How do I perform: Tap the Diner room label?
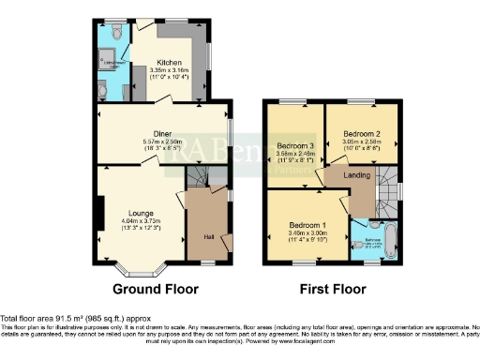click(x=163, y=133)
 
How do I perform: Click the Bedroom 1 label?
click(x=307, y=227)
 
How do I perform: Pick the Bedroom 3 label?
click(x=295, y=146)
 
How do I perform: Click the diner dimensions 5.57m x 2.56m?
click(x=163, y=142)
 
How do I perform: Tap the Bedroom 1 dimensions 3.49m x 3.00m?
click(x=307, y=235)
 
